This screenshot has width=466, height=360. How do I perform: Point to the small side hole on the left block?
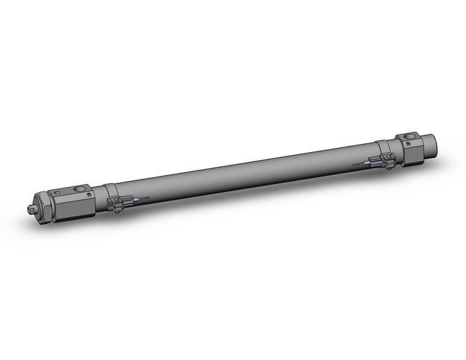(90, 195)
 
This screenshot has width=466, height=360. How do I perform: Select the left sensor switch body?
(116, 204)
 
